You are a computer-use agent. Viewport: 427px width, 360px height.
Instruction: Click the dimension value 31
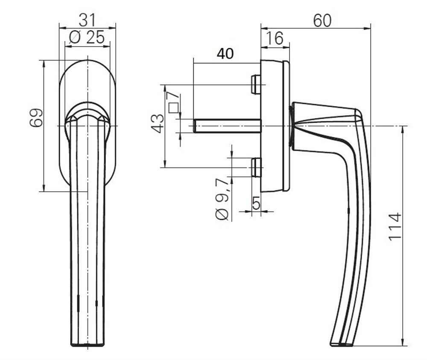point(88,20)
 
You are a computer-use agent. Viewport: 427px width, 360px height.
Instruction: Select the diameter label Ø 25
point(87,38)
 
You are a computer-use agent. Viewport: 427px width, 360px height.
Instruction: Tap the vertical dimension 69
point(36,117)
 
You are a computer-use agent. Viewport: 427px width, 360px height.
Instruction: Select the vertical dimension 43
point(158,123)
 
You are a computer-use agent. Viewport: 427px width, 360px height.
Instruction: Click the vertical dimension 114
point(395,226)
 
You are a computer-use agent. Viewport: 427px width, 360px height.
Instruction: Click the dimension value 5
point(256,203)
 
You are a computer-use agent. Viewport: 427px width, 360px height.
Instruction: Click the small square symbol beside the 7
point(173,108)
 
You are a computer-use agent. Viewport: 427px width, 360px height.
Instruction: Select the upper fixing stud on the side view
point(256,84)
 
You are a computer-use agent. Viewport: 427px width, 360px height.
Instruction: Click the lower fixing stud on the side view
point(256,167)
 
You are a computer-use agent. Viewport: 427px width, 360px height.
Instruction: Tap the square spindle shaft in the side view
point(226,126)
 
